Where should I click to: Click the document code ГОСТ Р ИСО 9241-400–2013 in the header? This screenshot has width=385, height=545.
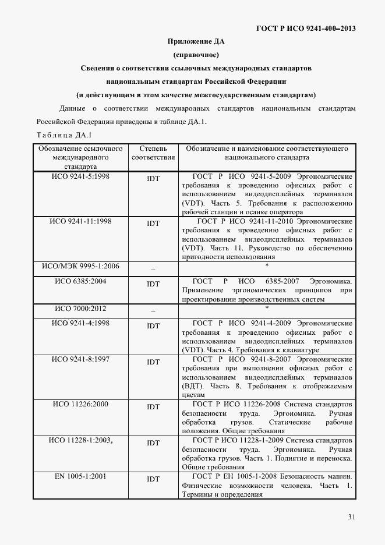tap(306, 28)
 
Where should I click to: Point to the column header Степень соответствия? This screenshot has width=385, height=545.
tap(153, 153)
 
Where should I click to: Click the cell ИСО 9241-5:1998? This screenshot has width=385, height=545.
tap(80, 175)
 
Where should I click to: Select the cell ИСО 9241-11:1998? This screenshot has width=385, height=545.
tap(80, 221)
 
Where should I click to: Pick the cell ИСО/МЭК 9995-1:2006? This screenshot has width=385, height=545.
tap(80, 266)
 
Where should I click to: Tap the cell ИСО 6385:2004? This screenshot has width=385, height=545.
tap(80, 281)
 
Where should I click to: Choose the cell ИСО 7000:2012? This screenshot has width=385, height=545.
tap(80, 308)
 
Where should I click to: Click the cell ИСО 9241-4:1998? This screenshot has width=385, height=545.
tap(80, 323)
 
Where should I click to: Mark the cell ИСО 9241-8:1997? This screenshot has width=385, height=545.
tap(80, 359)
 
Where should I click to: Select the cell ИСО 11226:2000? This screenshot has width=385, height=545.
tap(80, 404)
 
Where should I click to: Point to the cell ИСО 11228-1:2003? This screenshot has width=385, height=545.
tap(80, 440)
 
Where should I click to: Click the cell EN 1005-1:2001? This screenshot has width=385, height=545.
tap(80, 476)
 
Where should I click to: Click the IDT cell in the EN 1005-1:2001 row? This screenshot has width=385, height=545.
tap(153, 479)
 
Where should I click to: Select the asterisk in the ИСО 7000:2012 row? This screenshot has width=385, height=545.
tap(266, 307)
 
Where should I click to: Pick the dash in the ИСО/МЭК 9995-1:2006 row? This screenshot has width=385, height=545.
tap(153, 269)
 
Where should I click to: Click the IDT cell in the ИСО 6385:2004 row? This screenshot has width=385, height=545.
tap(153, 284)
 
